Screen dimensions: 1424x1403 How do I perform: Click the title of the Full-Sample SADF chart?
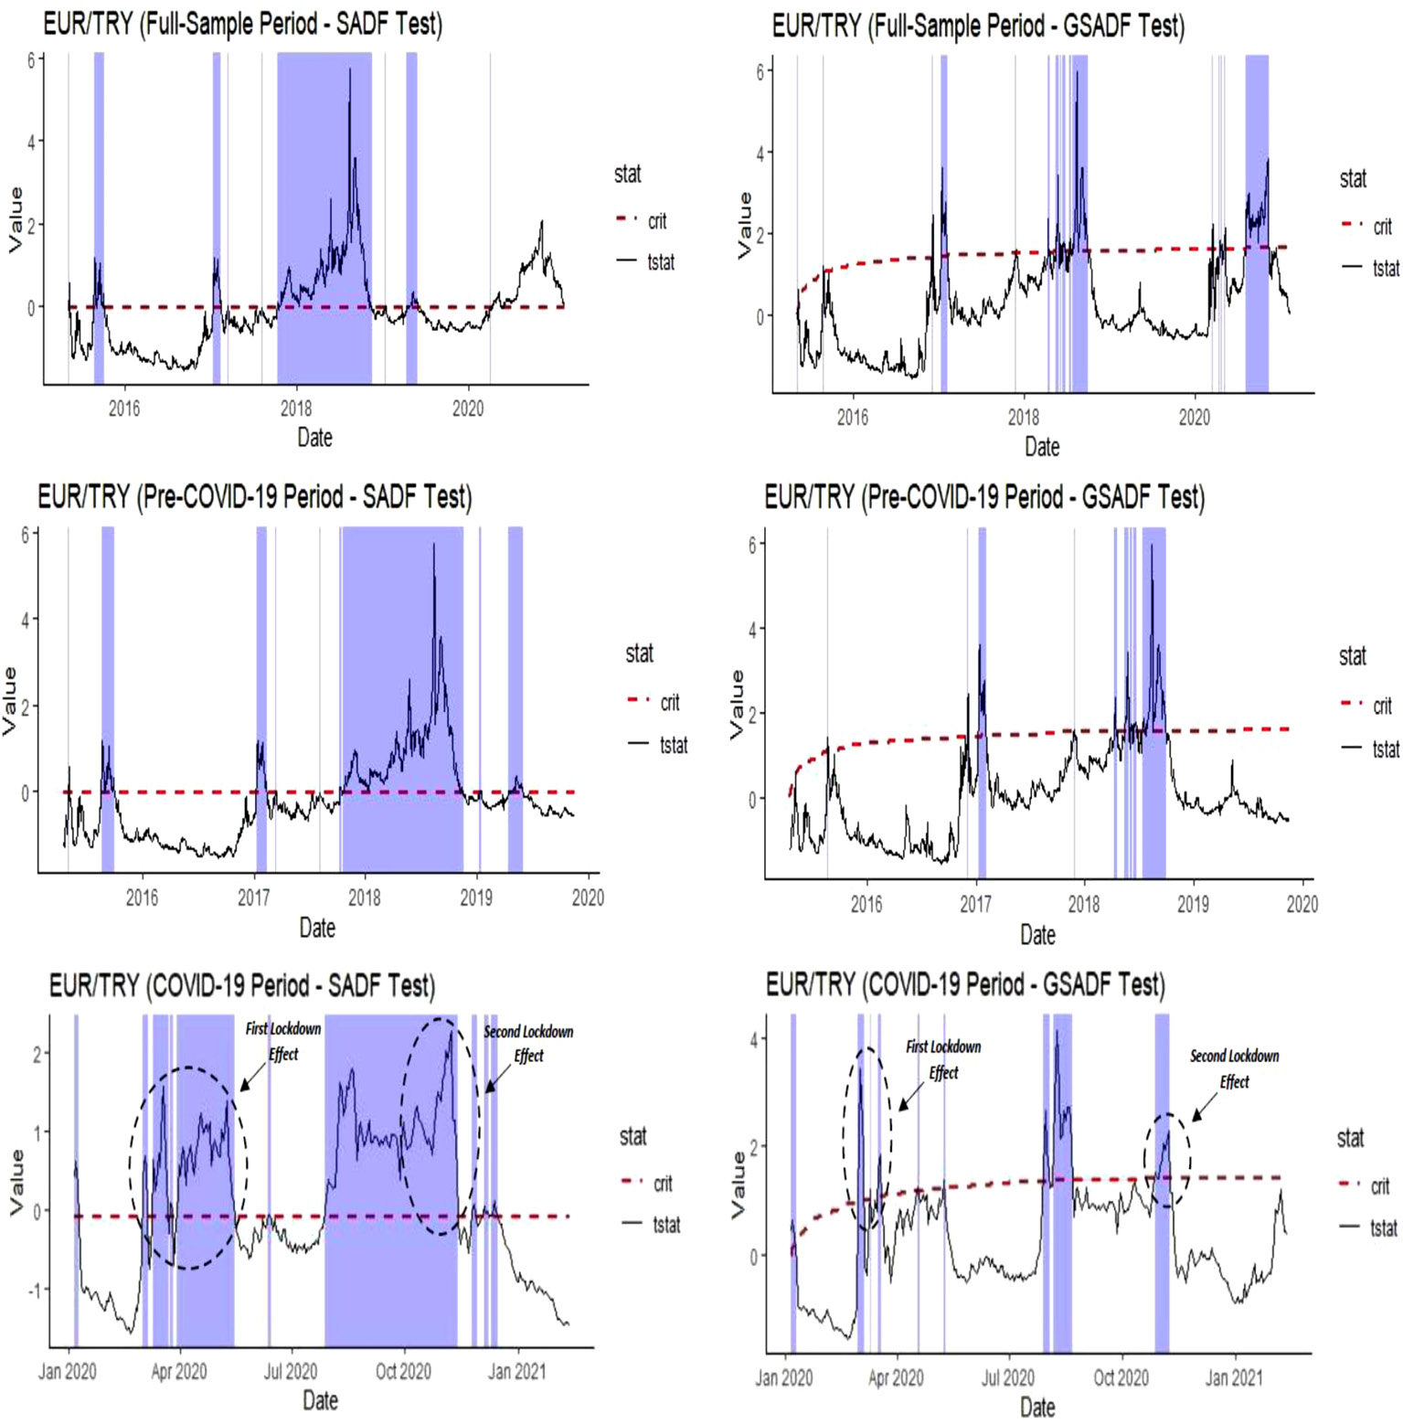(x=242, y=24)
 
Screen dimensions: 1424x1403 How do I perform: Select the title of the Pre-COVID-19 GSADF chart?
(x=983, y=497)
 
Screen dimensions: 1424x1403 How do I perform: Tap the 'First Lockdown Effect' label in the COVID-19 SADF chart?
(x=283, y=1041)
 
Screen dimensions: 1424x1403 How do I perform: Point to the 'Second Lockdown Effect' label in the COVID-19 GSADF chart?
(x=1234, y=1068)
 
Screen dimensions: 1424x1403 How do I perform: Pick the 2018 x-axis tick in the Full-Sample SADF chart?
(x=296, y=409)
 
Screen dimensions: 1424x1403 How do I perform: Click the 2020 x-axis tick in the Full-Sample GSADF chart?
(x=1195, y=418)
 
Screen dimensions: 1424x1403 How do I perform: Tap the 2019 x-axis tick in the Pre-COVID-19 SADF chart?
(x=476, y=898)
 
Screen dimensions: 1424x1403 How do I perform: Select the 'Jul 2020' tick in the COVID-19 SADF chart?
(x=291, y=1371)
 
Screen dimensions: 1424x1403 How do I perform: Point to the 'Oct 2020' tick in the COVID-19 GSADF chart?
(x=1121, y=1377)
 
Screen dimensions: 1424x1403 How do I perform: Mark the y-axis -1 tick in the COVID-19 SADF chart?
(x=36, y=1290)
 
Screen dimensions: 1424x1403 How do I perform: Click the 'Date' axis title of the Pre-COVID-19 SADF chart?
(x=317, y=928)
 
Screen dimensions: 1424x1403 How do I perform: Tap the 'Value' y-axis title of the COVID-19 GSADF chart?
(x=738, y=1185)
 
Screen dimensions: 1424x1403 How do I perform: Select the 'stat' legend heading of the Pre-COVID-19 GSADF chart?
(x=1353, y=655)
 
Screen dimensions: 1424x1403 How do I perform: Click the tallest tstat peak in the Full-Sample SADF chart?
(x=349, y=70)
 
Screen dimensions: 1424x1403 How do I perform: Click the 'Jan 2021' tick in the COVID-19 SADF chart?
(x=517, y=1371)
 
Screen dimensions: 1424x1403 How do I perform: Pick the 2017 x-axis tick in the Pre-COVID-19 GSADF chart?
(x=975, y=904)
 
